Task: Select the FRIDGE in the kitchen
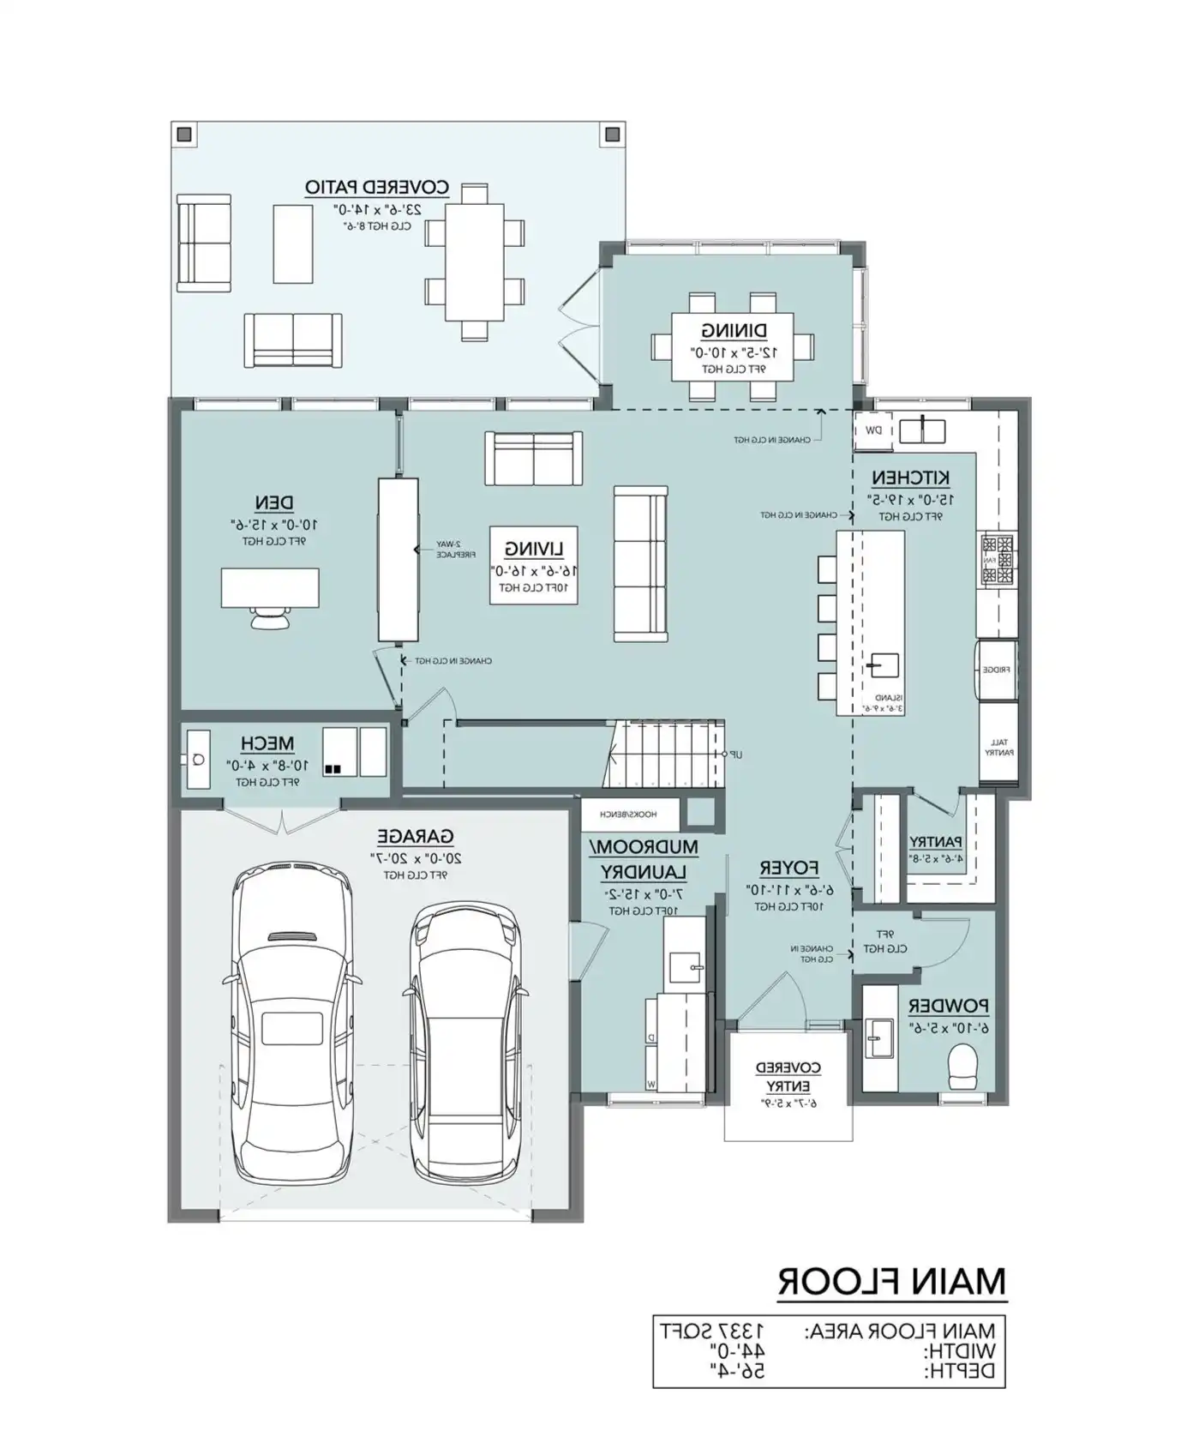[998, 670]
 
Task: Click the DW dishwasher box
[873, 430]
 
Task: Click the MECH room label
[267, 743]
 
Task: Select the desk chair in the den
[270, 617]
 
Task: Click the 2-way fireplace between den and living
[399, 560]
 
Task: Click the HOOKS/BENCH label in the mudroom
[631, 815]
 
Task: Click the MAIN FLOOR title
[892, 1282]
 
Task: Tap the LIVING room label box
[533, 567]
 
